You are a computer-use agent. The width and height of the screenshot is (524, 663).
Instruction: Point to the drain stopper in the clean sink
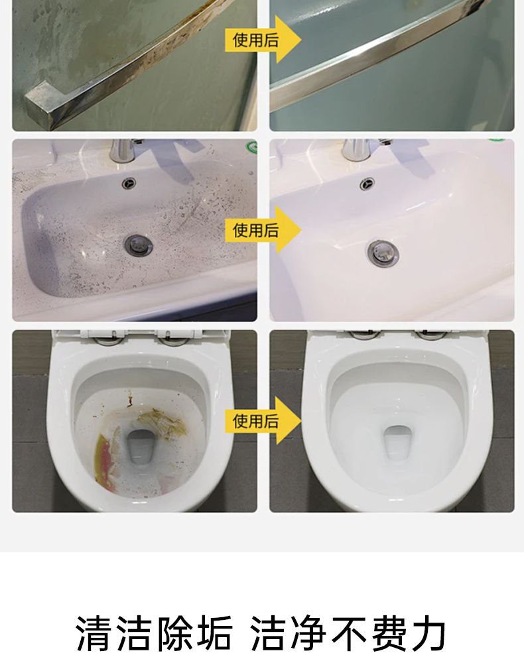383,253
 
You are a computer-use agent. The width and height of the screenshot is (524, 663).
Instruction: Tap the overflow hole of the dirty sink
129,183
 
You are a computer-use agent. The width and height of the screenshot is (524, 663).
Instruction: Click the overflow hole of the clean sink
367,184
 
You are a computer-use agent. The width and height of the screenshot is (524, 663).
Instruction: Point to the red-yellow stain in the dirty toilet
105,463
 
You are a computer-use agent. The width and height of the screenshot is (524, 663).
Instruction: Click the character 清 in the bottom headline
94,633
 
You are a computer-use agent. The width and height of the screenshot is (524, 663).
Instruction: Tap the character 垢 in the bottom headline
213,633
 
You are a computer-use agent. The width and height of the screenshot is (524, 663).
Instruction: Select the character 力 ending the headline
428,633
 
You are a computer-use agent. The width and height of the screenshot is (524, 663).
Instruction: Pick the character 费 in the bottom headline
389,633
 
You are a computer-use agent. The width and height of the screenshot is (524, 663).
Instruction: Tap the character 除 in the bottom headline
174,633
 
